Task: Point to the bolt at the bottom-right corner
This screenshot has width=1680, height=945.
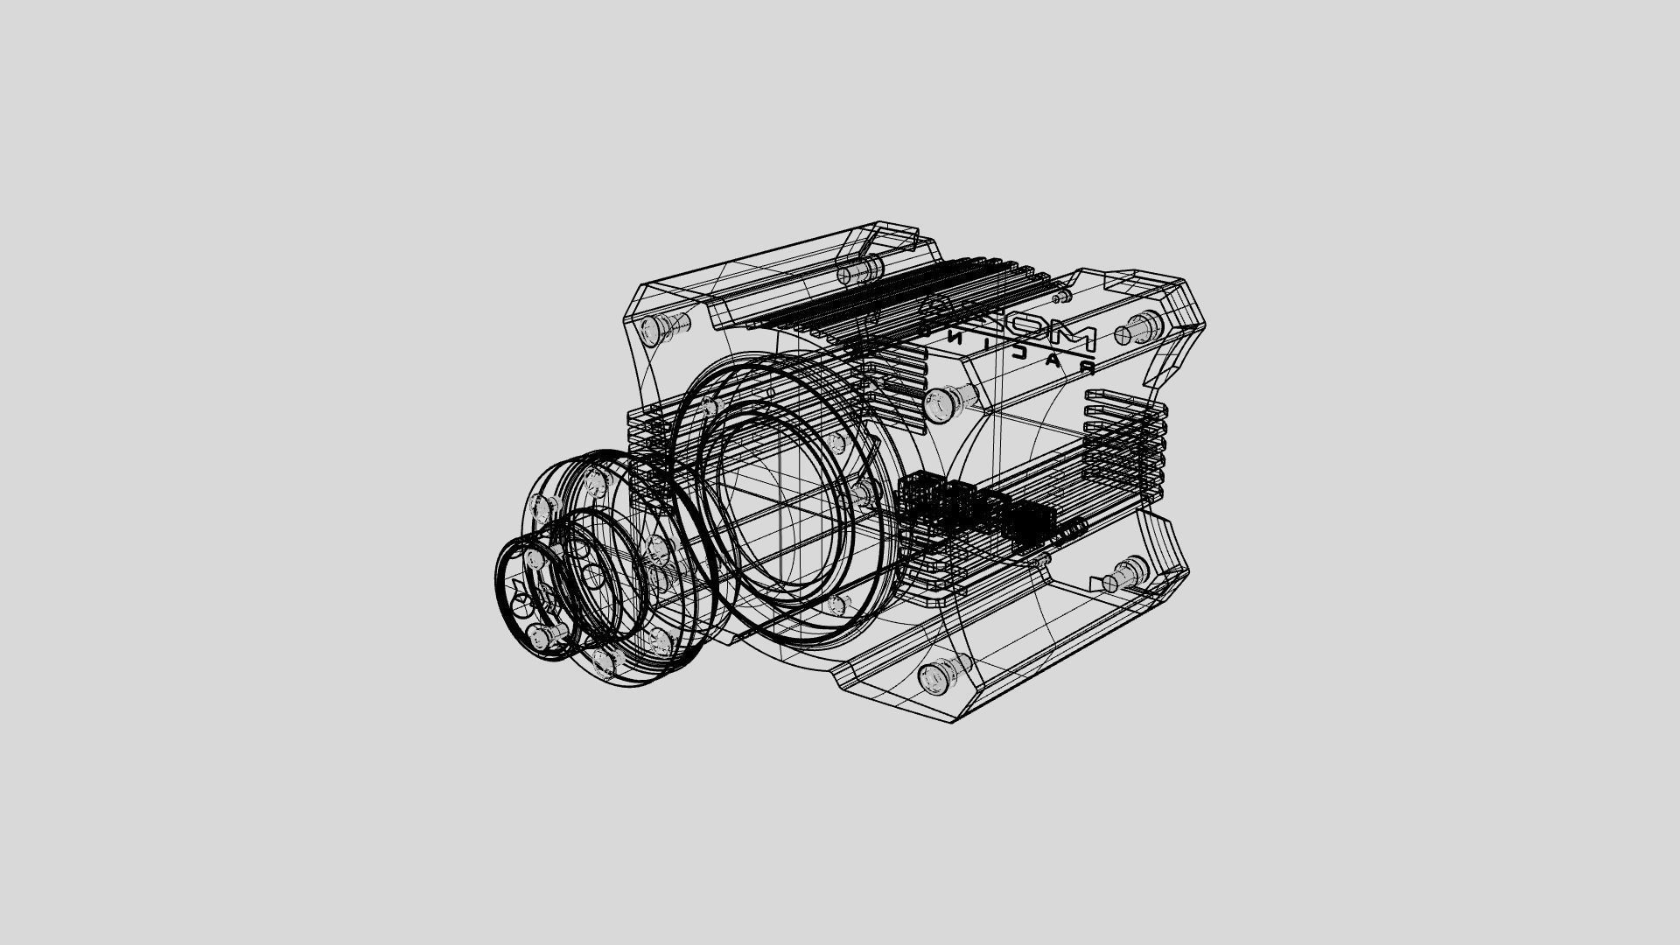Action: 1123,577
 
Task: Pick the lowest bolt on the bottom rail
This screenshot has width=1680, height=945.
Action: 940,675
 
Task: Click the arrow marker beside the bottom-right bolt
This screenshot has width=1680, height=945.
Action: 1096,583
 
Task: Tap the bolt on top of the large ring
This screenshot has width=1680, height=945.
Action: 707,408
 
